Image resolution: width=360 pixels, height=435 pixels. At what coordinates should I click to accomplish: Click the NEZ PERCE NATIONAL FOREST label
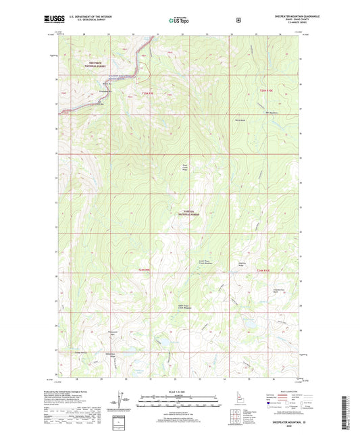tap(97, 66)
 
